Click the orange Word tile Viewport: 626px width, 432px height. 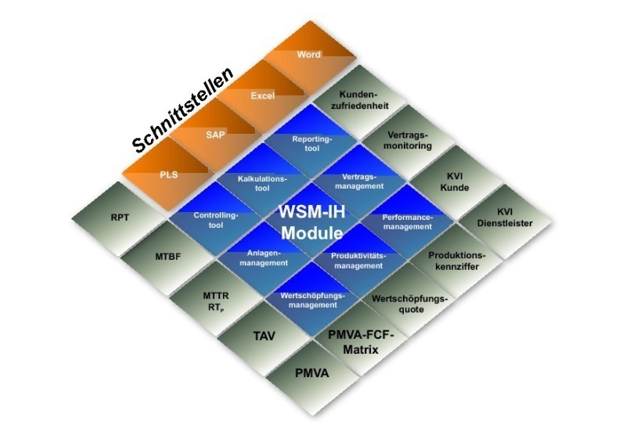(x=308, y=56)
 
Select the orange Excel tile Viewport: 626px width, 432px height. (x=262, y=95)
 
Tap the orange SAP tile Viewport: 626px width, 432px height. (x=215, y=135)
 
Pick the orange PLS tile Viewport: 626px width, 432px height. (x=169, y=174)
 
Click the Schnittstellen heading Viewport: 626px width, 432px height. (x=182, y=110)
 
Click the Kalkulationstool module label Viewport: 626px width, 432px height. (x=263, y=182)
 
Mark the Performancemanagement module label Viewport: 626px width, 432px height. (x=407, y=221)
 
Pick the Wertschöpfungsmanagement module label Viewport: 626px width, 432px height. (x=312, y=301)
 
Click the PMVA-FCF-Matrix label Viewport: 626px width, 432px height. (x=360, y=343)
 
